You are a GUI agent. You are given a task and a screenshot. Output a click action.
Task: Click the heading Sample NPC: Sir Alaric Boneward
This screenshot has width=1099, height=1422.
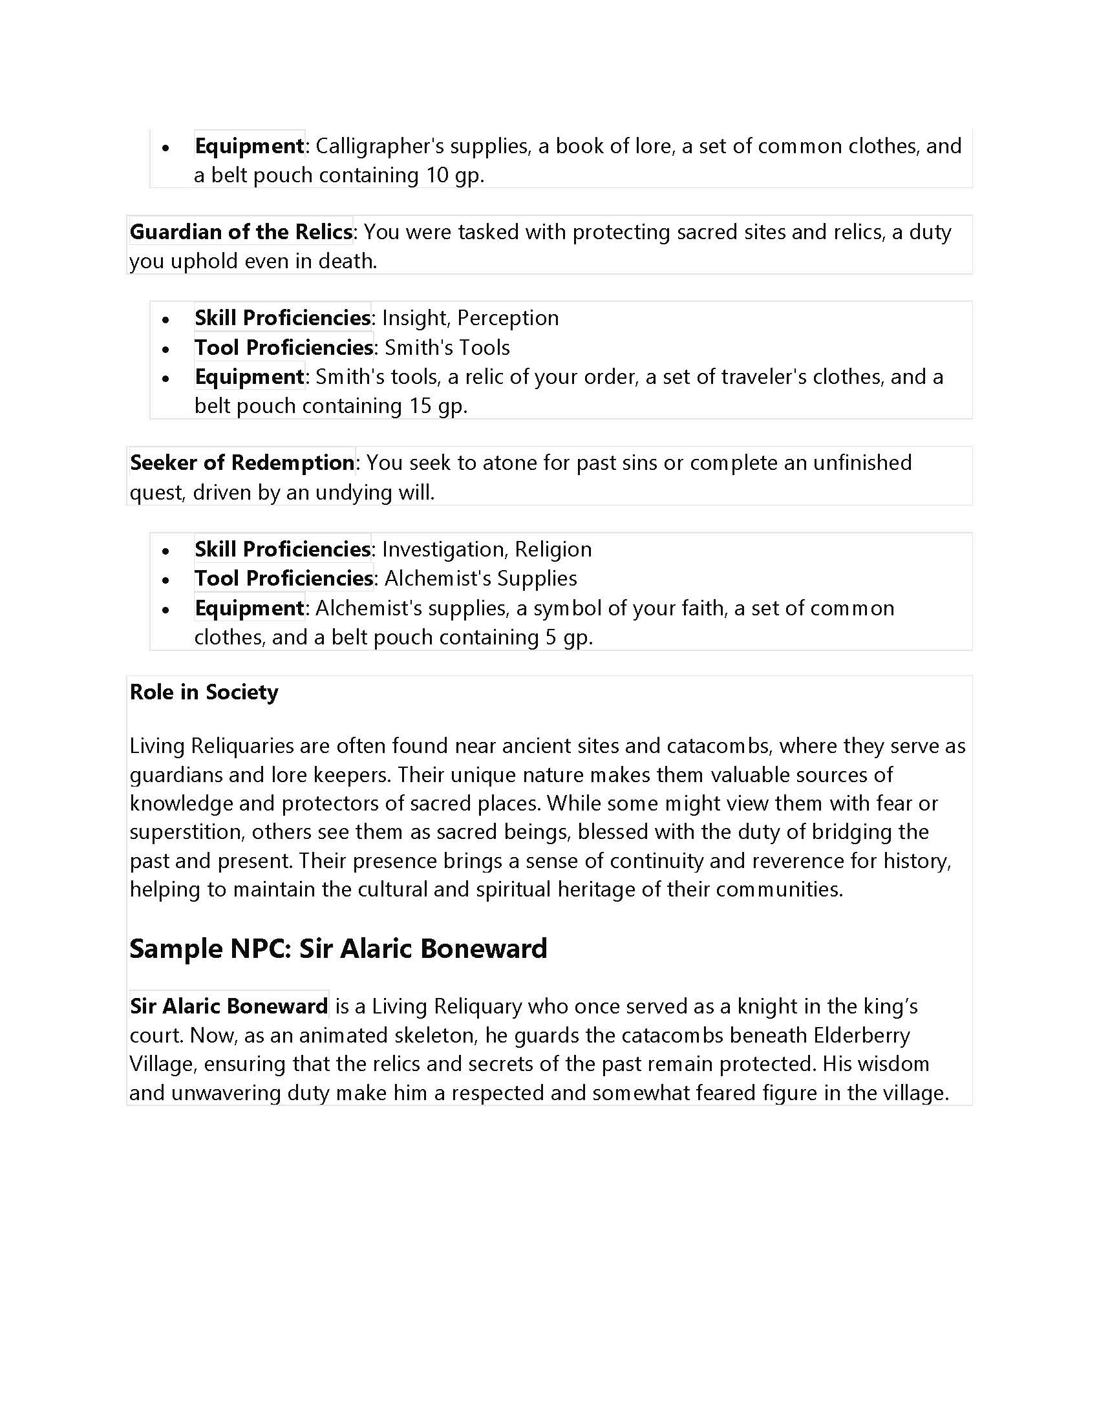(x=338, y=949)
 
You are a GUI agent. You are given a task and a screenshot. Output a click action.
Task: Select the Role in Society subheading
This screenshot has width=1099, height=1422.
(x=204, y=692)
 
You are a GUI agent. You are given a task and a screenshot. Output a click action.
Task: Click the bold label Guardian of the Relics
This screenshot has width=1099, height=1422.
(x=241, y=232)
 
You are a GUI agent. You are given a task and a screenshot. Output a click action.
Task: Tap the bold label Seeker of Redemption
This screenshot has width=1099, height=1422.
(x=242, y=463)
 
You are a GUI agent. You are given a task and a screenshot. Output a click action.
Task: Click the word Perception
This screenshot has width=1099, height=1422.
(x=508, y=318)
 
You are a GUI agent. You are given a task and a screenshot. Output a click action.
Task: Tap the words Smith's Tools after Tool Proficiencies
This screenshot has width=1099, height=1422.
(x=447, y=348)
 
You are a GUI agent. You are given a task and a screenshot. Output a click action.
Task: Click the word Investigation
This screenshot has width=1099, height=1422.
(x=443, y=549)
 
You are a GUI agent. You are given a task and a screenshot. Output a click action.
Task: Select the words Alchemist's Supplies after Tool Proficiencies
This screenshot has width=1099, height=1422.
(x=480, y=579)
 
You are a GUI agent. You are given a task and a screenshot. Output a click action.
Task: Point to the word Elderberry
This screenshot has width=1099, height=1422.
(x=862, y=1035)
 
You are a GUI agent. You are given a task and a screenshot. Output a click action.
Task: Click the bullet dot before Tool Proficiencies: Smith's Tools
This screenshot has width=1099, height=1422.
(x=166, y=349)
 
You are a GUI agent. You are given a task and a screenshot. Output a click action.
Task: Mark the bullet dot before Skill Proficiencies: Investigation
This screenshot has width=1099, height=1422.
(x=166, y=551)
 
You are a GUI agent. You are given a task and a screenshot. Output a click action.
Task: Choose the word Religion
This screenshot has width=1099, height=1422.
(x=553, y=549)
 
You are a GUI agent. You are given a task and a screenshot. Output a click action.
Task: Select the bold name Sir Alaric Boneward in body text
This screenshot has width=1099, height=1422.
(x=228, y=1006)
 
